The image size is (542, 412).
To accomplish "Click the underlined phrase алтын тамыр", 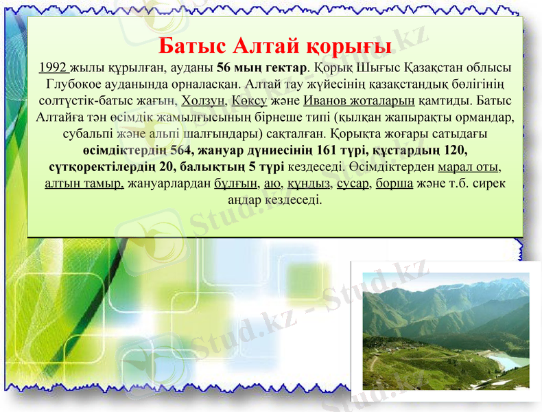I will coord(84,183).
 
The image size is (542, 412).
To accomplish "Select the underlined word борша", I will coord(394,183).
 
